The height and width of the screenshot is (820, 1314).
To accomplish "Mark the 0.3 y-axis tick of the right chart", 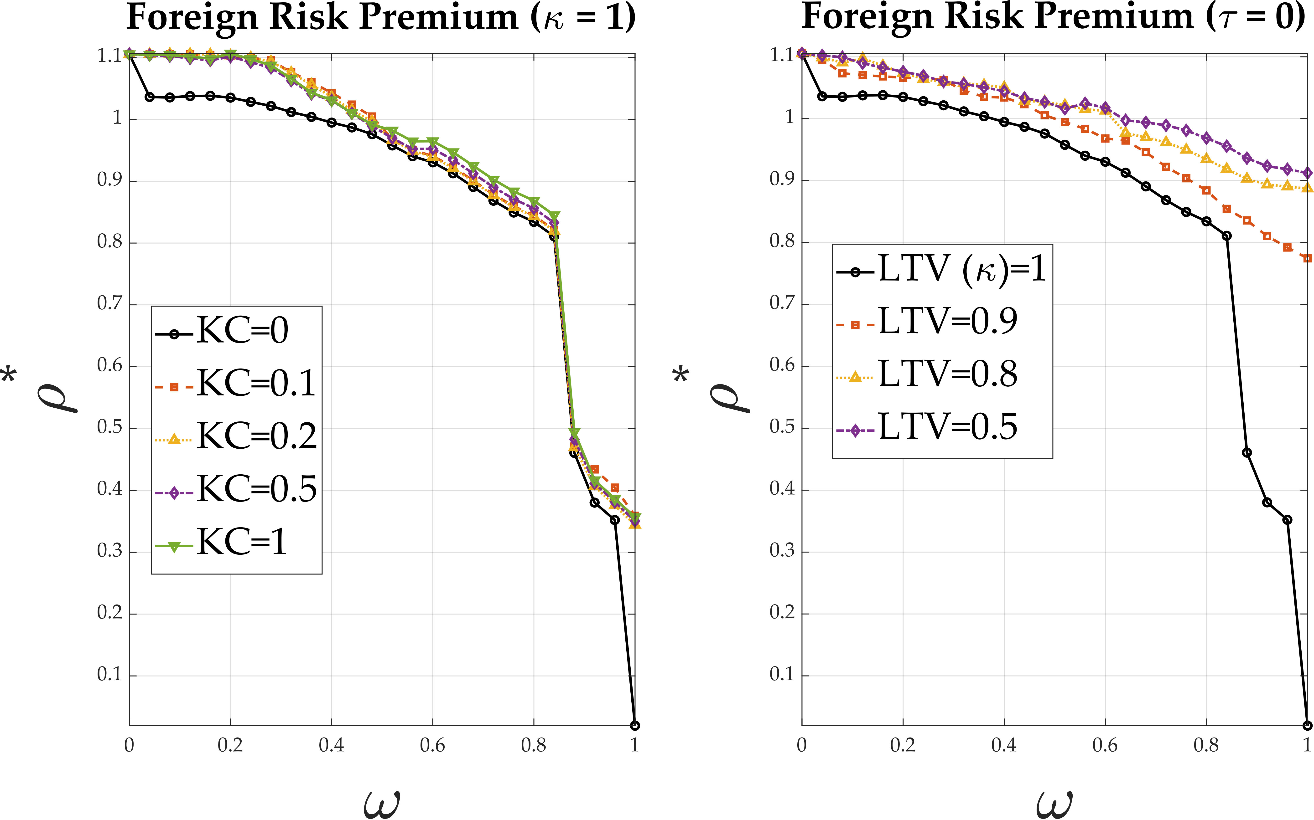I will (782, 551).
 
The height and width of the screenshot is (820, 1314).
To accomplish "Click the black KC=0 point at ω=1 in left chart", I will (635, 725).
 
